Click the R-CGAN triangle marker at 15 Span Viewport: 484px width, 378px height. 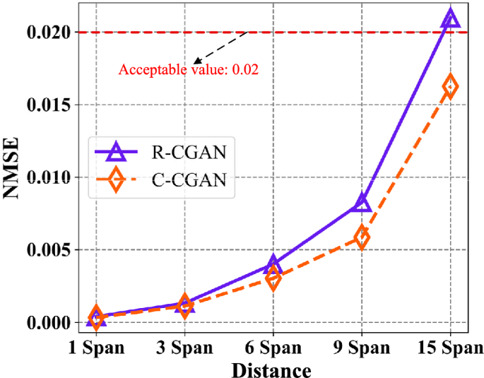pos(450,19)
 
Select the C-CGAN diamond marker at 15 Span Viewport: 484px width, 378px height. pos(450,86)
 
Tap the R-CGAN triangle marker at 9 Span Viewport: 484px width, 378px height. pos(361,203)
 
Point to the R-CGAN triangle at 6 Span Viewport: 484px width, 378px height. pos(273,265)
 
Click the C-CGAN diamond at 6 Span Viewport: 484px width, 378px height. pos(273,278)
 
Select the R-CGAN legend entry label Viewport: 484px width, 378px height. pos(187,151)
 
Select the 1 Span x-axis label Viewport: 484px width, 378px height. pos(96,348)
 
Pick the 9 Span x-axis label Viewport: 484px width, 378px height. pos(361,348)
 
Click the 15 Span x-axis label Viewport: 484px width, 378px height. pos(450,348)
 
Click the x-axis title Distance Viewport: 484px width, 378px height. pos(273,369)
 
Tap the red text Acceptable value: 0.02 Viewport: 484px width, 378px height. pos(188,70)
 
